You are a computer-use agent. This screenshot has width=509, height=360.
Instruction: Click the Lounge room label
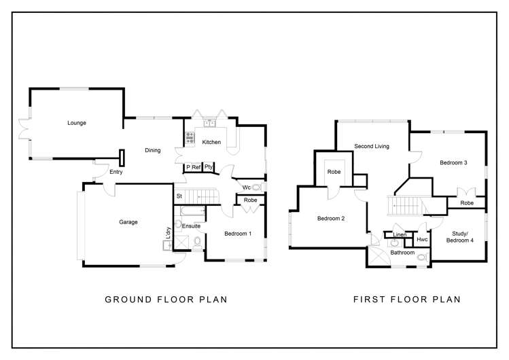pyautogui.click(x=76, y=123)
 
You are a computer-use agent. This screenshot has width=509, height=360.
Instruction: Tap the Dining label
pyautogui.click(x=152, y=150)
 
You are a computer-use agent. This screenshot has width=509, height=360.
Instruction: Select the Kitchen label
pyautogui.click(x=211, y=142)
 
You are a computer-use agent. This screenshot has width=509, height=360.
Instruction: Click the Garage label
pyautogui.click(x=128, y=222)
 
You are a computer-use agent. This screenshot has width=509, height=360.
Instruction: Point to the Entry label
pyautogui.click(x=116, y=173)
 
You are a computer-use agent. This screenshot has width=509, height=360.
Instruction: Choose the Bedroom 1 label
pyautogui.click(x=238, y=234)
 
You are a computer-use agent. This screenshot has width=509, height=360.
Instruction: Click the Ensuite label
pyautogui.click(x=191, y=226)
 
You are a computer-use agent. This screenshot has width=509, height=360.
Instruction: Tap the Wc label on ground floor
pyautogui.click(x=246, y=187)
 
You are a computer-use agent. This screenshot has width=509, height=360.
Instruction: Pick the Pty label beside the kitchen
pyautogui.click(x=209, y=166)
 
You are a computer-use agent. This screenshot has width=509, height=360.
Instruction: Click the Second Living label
pyautogui.click(x=372, y=146)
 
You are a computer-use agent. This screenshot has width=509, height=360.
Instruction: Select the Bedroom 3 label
pyautogui.click(x=453, y=163)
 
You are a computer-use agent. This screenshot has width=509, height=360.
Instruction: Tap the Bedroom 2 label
pyautogui.click(x=331, y=218)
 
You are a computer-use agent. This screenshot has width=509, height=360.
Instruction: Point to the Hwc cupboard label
pyautogui.click(x=421, y=239)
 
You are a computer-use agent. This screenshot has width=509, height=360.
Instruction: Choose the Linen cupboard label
pyautogui.click(x=400, y=235)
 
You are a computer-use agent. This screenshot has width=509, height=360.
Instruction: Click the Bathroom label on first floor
pyautogui.click(x=402, y=253)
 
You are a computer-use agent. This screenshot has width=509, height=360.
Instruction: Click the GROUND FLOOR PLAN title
pyautogui.click(x=165, y=299)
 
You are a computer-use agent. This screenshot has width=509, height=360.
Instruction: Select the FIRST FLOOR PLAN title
pyautogui.click(x=407, y=299)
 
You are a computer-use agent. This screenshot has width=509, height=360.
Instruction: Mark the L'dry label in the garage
pyautogui.click(x=167, y=232)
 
